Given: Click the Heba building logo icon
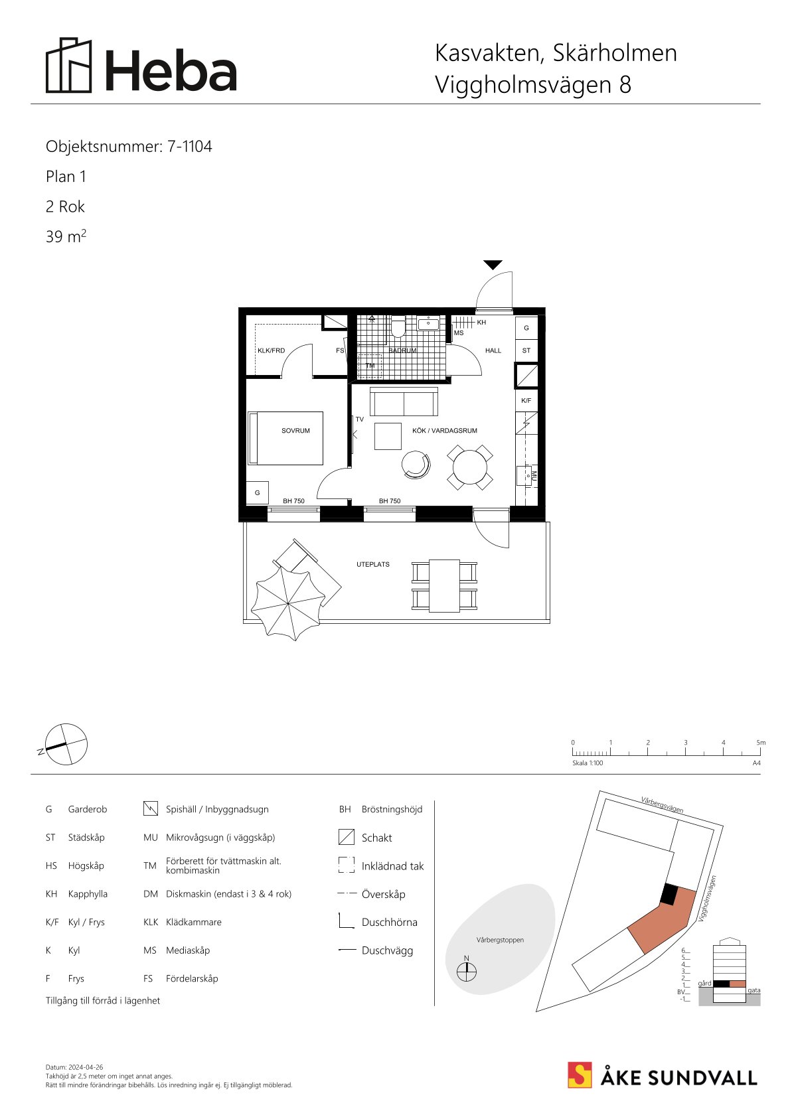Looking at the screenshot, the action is pyautogui.click(x=69, y=65).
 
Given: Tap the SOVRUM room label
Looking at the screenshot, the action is pyautogui.click(x=295, y=430).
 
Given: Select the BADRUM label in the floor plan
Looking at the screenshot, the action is pyautogui.click(x=402, y=350).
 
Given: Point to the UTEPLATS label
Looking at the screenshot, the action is pyautogui.click(x=373, y=565).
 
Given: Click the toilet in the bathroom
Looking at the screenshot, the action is pyautogui.click(x=398, y=327).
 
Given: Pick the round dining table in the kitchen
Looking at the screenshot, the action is pyautogui.click(x=470, y=467).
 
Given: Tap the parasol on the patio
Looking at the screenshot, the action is pyautogui.click(x=287, y=603).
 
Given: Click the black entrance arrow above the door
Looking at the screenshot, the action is pyautogui.click(x=493, y=265).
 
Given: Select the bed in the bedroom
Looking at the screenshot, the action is pyautogui.click(x=285, y=438).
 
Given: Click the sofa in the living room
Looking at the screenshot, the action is pyautogui.click(x=404, y=402).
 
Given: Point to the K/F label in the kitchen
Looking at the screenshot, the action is pyautogui.click(x=526, y=400).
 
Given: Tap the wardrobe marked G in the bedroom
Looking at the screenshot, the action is pyautogui.click(x=258, y=492).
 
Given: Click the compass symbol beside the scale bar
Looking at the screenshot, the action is pyautogui.click(x=66, y=744).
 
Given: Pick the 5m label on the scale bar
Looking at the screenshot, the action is pyautogui.click(x=761, y=743).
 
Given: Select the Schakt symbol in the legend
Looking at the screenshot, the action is pyautogui.click(x=346, y=837).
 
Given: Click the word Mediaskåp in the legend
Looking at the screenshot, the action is pyautogui.click(x=188, y=950).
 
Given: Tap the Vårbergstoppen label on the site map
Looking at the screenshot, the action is pyautogui.click(x=500, y=940).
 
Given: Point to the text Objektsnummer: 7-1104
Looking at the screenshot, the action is pyautogui.click(x=129, y=147).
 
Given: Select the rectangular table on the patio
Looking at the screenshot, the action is pyautogui.click(x=444, y=586).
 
